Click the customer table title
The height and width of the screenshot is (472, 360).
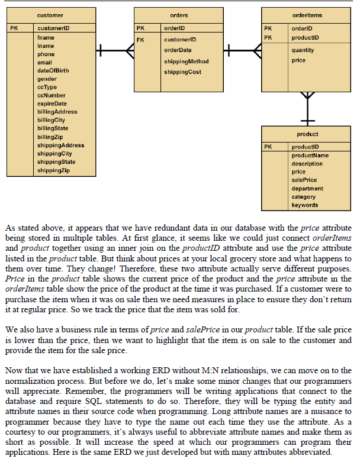click(x=50, y=14)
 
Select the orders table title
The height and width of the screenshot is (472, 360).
click(x=179, y=15)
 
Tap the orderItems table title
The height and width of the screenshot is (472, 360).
click(x=307, y=14)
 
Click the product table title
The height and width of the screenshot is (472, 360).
click(x=307, y=134)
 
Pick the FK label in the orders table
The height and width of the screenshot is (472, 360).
click(x=140, y=40)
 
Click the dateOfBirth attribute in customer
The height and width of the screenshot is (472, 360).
click(x=53, y=70)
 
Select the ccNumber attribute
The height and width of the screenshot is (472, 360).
click(x=52, y=95)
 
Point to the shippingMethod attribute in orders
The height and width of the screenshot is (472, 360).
click(x=186, y=62)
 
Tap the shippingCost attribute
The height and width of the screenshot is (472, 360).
click(x=182, y=72)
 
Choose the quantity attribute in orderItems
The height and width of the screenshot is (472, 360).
click(x=303, y=50)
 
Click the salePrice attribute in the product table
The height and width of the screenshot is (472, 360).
click(x=304, y=180)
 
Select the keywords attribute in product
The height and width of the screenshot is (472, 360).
click(x=304, y=205)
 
